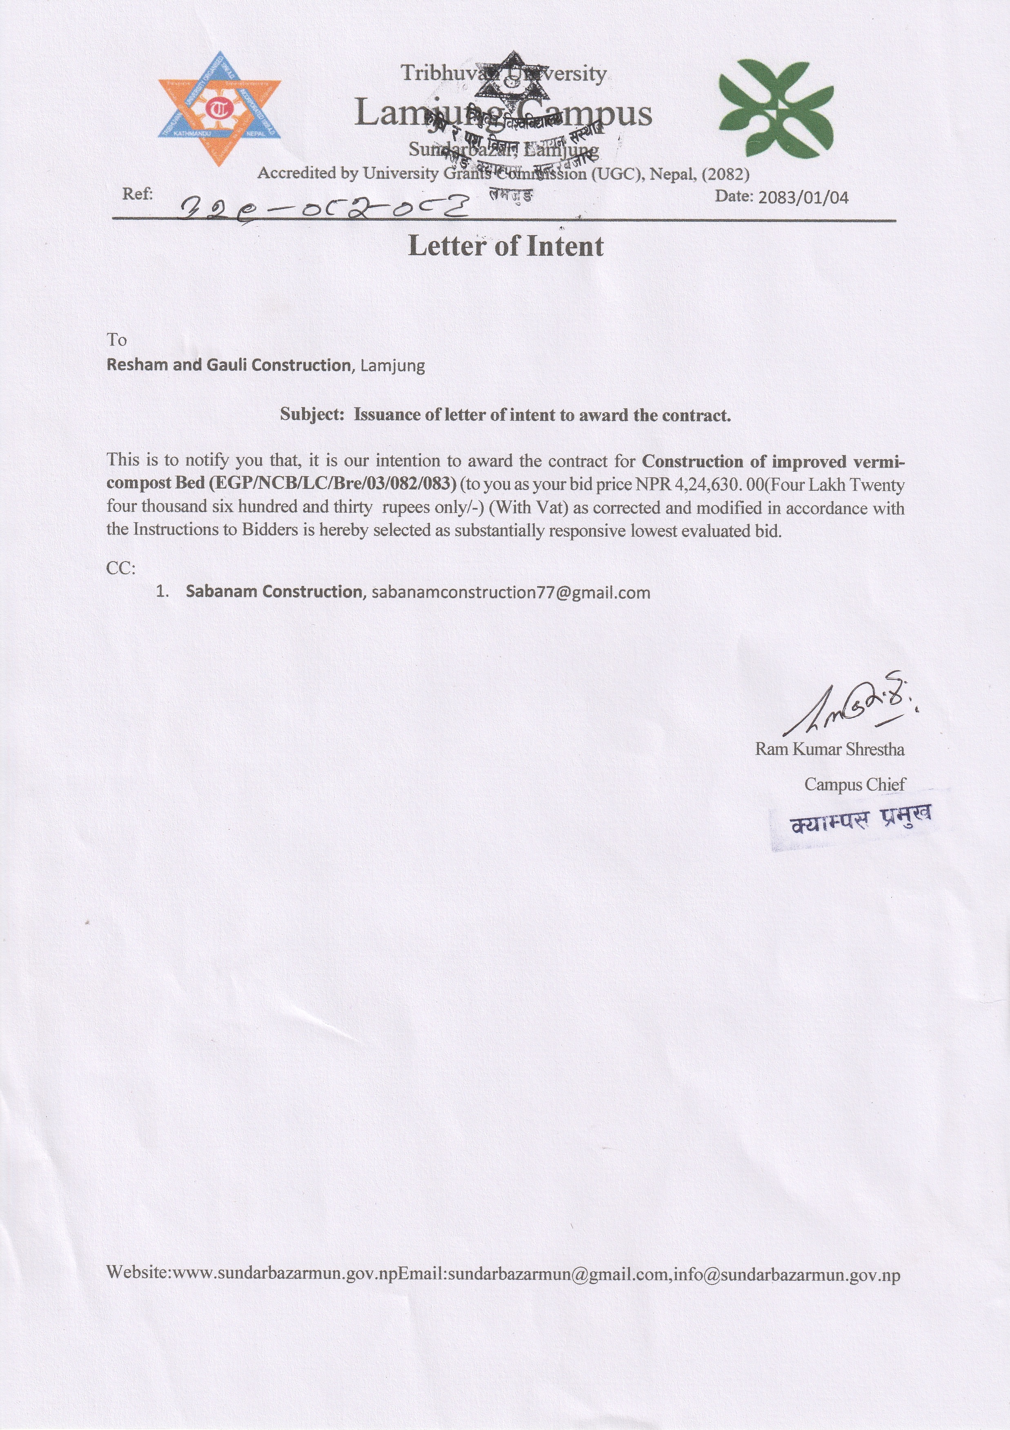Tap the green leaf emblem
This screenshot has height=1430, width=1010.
[775, 109]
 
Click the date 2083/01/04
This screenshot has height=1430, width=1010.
[803, 198]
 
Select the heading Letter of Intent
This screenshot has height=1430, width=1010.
[506, 247]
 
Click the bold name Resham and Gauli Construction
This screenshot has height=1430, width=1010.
[229, 365]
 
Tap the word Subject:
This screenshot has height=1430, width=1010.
[312, 415]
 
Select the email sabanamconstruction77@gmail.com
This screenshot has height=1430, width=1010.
[511, 592]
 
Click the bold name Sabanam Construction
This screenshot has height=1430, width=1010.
[274, 592]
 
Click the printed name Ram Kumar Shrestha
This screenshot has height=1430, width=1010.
[830, 749]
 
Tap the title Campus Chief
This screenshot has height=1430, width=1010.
[854, 785]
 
